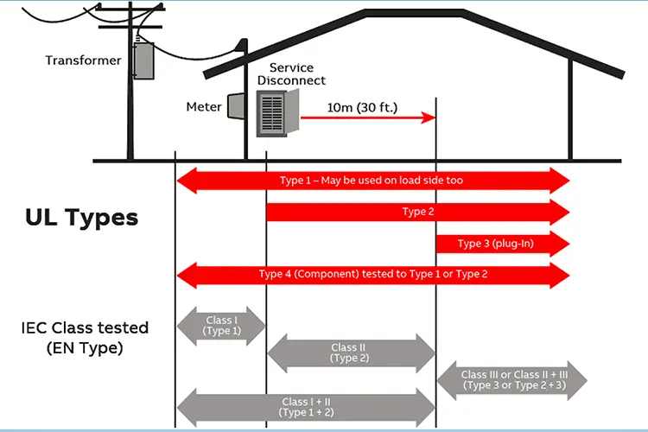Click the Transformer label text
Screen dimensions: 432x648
pos(83,60)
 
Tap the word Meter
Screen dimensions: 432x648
pos(204,108)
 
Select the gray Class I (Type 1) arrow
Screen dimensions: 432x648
pos(220,325)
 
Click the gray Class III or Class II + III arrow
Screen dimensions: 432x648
pos(512,379)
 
